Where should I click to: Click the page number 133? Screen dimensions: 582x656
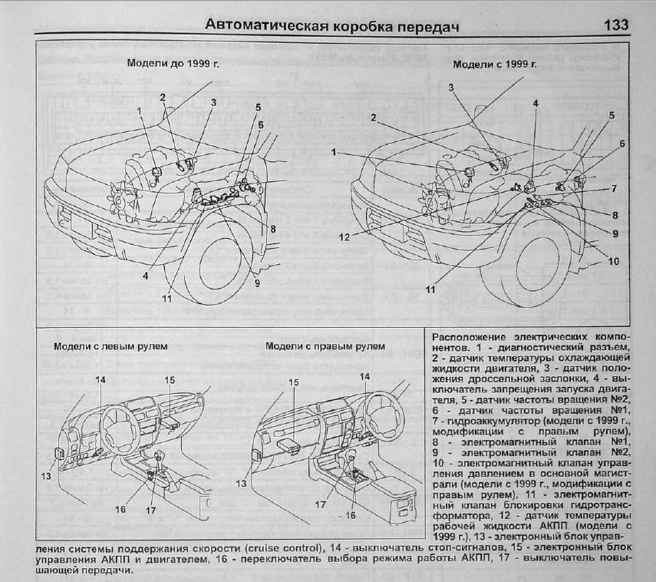pos(616,25)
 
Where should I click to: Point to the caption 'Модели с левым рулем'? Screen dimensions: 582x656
pos(101,346)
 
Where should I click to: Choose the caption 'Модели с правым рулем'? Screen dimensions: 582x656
pos(325,346)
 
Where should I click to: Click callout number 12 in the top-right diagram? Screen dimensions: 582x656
pos(344,236)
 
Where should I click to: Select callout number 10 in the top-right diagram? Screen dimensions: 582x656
pos(613,261)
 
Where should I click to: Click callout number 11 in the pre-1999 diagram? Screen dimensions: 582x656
pos(167,298)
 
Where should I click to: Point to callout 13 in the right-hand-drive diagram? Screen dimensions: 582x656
pos(242,483)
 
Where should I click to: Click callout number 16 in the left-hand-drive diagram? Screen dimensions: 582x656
pos(120,509)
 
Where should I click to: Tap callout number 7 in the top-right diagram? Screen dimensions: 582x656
pos(613,188)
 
